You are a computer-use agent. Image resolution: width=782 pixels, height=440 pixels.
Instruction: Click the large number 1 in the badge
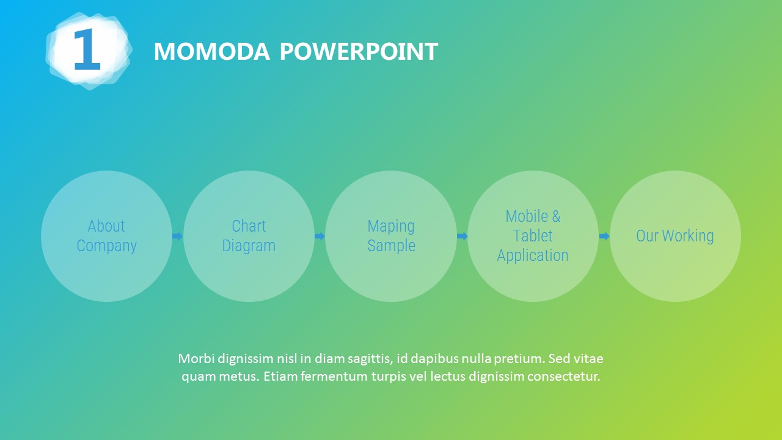87,49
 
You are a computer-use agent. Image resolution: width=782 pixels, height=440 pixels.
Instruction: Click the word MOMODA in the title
212,52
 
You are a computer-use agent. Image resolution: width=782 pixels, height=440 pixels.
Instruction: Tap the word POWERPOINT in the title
359,52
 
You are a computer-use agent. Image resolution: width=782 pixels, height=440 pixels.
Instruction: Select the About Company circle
106,236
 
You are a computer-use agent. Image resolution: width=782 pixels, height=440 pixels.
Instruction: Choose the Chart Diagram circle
249,236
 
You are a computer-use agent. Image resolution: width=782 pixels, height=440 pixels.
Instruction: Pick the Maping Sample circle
391,236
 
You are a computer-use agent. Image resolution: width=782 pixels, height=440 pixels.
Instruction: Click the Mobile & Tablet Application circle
533,236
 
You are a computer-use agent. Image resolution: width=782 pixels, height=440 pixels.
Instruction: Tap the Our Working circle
675,236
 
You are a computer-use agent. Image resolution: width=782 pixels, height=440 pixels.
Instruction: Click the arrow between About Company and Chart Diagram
177,237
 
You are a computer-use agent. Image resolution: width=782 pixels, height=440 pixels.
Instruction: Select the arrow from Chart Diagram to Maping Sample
320,237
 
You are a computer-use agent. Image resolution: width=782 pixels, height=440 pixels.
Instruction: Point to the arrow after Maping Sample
462,237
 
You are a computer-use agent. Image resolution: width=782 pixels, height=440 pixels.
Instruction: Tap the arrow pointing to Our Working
604,237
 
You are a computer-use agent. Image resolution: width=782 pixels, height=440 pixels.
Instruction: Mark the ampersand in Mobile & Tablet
556,216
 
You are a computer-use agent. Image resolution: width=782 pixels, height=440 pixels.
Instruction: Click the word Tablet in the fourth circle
533,236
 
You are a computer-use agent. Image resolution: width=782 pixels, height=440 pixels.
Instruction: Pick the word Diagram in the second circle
249,246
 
